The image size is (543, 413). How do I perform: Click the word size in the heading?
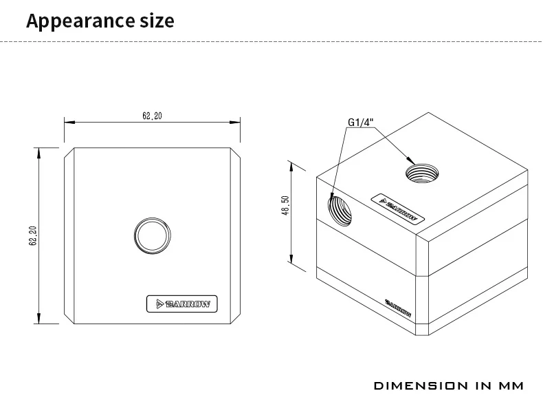tap(155, 21)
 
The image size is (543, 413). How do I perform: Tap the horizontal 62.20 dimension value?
tap(152, 116)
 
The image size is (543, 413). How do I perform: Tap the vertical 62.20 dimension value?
tap(32, 236)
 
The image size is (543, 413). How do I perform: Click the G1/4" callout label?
tap(359, 123)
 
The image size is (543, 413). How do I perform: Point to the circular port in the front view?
tap(152, 235)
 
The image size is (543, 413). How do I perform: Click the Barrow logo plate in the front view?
tap(183, 303)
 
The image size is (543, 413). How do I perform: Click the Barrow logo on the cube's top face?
tap(396, 206)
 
